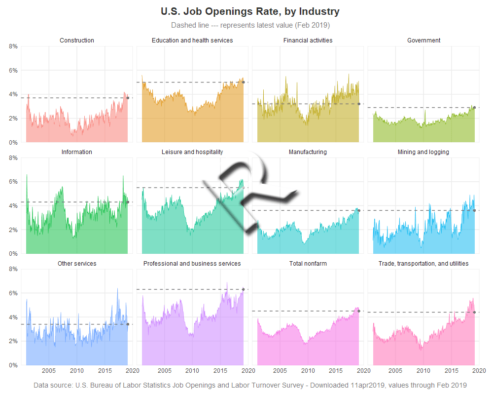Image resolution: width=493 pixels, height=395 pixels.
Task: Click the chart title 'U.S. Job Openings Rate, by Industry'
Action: click(x=250, y=11)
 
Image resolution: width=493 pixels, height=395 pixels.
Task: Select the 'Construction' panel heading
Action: click(x=77, y=40)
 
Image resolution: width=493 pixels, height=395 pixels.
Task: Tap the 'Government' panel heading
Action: click(x=424, y=40)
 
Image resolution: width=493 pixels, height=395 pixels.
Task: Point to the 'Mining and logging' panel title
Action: click(x=423, y=152)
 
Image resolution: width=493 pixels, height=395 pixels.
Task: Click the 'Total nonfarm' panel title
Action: click(x=308, y=264)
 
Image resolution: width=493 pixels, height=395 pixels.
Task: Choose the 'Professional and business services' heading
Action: click(x=192, y=264)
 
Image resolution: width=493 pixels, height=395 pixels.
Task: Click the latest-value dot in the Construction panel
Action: click(x=128, y=98)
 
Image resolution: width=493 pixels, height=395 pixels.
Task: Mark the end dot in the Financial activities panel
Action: click(x=359, y=104)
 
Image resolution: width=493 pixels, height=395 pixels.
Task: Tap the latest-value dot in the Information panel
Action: click(x=128, y=202)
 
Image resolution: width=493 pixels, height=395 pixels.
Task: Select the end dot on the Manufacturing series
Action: click(x=359, y=210)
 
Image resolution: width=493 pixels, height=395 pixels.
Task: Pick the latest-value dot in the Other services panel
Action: click(x=128, y=324)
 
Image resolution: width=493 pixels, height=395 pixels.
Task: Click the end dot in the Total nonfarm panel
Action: click(x=359, y=311)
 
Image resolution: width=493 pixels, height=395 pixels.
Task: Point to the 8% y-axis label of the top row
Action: click(x=13, y=46)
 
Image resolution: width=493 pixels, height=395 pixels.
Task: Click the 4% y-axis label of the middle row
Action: click(x=13, y=206)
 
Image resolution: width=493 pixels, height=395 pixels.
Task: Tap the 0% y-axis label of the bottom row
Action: click(x=13, y=365)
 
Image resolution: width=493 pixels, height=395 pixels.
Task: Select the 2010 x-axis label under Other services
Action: click(x=76, y=371)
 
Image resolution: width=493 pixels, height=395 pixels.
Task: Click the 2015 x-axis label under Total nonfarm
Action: click(x=336, y=371)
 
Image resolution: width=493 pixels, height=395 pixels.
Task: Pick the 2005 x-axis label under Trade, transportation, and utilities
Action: click(x=395, y=371)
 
